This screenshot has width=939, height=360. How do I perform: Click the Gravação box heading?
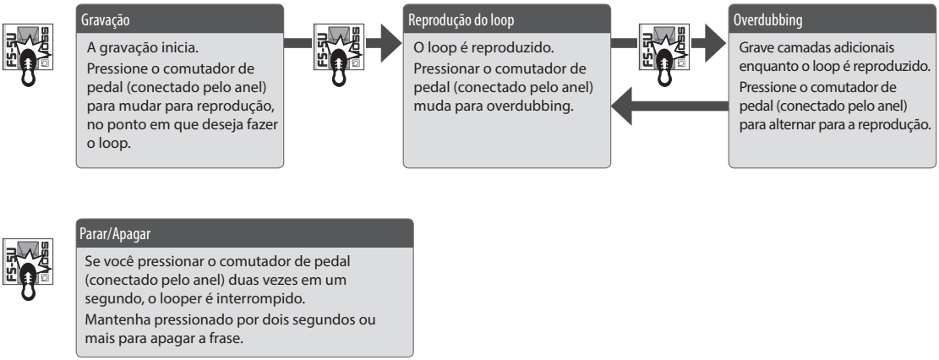(x=105, y=20)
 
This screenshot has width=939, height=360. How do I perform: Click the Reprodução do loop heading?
(x=461, y=20)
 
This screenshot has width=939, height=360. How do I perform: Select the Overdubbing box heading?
(x=767, y=20)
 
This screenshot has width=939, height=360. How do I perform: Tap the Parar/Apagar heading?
(x=115, y=234)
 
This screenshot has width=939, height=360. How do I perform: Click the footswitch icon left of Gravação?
(x=28, y=55)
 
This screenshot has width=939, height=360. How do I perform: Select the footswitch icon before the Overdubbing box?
(x=664, y=55)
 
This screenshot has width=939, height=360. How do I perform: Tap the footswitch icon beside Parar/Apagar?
(x=28, y=270)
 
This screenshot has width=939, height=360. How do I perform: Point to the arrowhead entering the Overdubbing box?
(x=715, y=43)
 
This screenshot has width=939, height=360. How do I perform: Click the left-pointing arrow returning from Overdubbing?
(x=669, y=106)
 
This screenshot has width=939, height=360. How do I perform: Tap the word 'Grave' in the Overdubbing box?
(x=754, y=47)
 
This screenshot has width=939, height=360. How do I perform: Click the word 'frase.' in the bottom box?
(x=228, y=338)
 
